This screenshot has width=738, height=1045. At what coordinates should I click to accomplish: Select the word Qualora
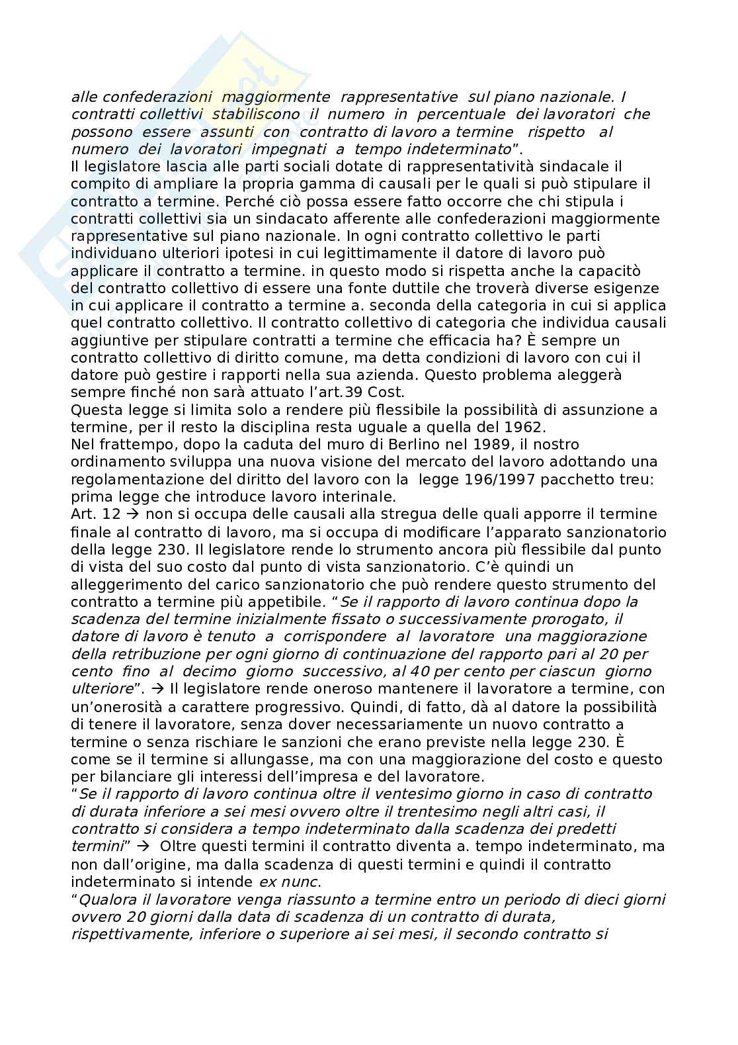[104, 899]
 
